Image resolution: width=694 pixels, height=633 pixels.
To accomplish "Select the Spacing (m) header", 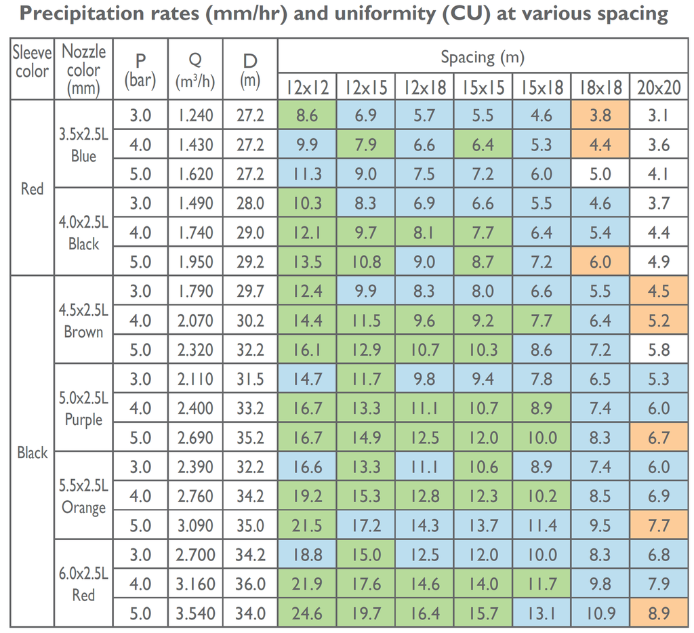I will coord(483,58).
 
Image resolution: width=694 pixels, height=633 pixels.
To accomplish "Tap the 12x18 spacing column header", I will coord(424,88).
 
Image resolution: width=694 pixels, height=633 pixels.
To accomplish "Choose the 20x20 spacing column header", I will coord(659,88).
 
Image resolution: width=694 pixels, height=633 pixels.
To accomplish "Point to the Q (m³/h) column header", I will coord(195,71).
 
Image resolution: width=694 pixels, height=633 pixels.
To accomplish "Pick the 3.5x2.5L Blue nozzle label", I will coord(83,145).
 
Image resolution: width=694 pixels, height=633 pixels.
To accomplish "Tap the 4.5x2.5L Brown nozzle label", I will coord(83,321).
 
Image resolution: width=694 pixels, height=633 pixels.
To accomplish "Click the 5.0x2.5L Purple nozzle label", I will coord(83,409).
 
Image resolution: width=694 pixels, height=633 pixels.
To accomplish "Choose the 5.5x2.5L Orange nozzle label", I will coord(83,497).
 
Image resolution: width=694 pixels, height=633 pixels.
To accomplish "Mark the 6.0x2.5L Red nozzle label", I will coord(83,584).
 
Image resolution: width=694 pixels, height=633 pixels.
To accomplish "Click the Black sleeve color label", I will coord(32,453).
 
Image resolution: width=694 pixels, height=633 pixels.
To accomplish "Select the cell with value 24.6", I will coord(307,613).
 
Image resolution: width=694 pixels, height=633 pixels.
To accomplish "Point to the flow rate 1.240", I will coord(195,115).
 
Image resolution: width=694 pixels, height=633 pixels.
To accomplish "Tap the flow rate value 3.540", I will coord(195,613).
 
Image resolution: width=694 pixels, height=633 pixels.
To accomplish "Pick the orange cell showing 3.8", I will coord(600,115).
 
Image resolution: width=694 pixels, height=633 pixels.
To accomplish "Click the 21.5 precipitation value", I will coord(307,526).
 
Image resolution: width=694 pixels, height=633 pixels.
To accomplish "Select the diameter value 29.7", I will coord(250,291).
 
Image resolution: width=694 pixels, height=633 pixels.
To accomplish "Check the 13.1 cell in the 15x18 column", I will coord(542,613).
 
